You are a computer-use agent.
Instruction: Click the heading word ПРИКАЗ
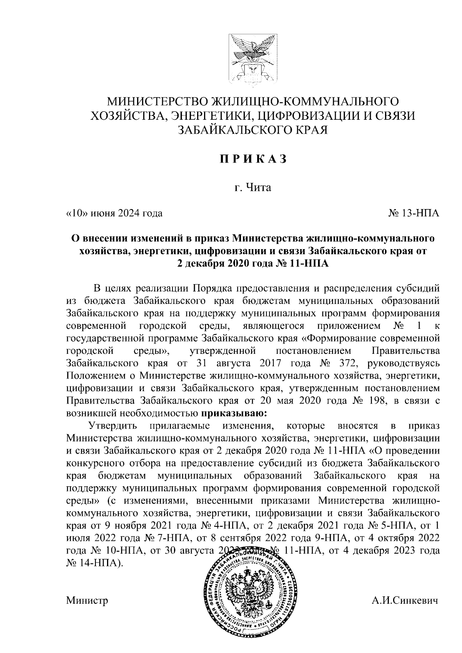(253, 159)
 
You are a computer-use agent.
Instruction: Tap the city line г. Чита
(253, 188)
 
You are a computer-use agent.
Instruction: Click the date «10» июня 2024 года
(114, 213)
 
